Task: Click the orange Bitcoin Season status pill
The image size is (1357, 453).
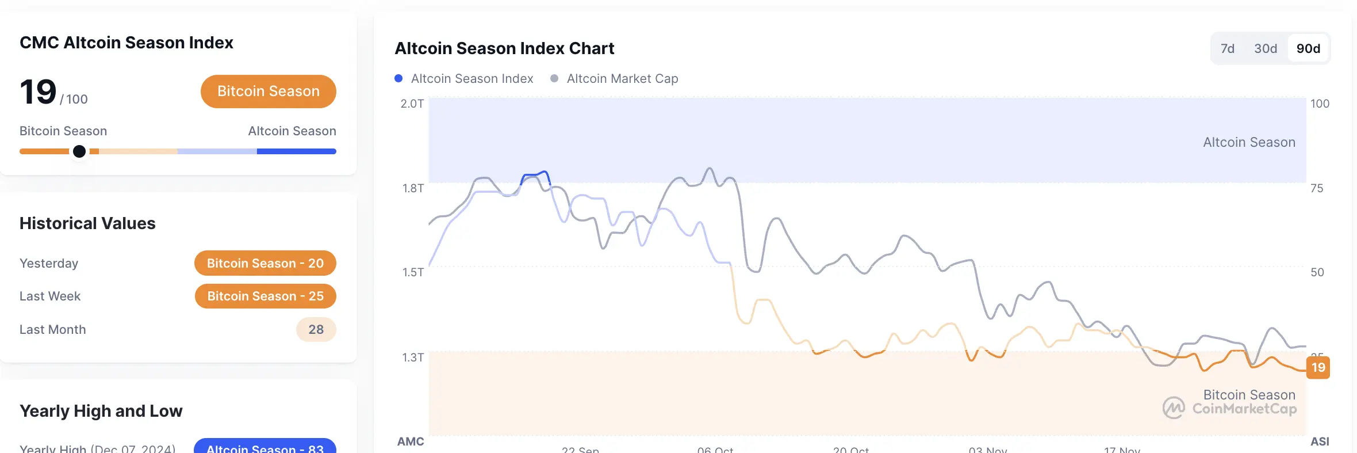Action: point(268,92)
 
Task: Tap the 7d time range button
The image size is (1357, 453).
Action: point(1227,49)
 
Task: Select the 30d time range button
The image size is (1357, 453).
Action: point(1265,49)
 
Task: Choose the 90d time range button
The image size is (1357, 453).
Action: point(1308,49)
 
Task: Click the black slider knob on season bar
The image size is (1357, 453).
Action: point(79,151)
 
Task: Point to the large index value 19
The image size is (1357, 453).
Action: point(38,92)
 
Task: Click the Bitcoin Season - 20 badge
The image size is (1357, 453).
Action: point(265,263)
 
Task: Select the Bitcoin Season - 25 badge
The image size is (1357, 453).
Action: point(265,296)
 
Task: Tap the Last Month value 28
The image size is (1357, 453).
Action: point(316,330)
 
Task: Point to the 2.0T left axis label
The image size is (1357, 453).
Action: point(412,104)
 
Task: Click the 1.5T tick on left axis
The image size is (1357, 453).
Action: point(413,272)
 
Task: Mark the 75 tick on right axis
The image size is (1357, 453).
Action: point(1316,188)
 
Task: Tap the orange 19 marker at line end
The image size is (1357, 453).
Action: point(1318,367)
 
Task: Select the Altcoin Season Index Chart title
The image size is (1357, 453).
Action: point(504,48)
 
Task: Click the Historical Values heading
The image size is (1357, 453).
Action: point(87,223)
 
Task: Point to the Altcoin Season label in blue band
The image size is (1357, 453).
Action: point(1249,142)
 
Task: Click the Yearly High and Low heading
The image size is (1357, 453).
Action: point(101,411)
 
